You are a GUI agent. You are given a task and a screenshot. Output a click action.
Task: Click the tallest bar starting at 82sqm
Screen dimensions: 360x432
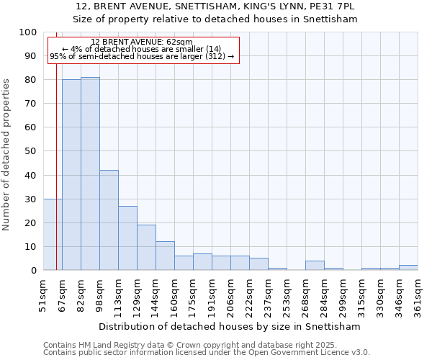[x=90, y=174]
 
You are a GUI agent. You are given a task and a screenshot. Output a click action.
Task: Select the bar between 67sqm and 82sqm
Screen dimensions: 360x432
[x=71, y=175]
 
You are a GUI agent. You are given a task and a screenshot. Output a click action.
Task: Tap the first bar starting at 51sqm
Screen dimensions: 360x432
[x=53, y=235]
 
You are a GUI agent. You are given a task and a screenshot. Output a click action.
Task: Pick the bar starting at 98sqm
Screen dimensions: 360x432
[x=109, y=220]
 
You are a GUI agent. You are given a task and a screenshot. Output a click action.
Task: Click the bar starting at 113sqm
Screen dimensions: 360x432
[x=127, y=238]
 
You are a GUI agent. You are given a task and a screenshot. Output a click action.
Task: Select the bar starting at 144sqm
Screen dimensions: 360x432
[x=165, y=256]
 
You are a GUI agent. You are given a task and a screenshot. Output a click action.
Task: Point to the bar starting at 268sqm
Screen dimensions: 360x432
[x=315, y=266]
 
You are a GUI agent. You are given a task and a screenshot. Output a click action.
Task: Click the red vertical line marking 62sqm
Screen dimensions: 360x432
[x=56, y=144]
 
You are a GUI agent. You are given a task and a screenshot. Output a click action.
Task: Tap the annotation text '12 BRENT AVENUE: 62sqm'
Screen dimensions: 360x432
[x=142, y=42]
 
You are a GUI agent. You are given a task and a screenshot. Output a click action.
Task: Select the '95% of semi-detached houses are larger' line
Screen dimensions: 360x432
[x=142, y=56]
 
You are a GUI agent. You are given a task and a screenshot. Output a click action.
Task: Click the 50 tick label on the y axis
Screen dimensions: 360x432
[x=31, y=151]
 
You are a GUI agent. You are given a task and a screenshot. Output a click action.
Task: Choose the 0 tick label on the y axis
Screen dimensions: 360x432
[x=34, y=271]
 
